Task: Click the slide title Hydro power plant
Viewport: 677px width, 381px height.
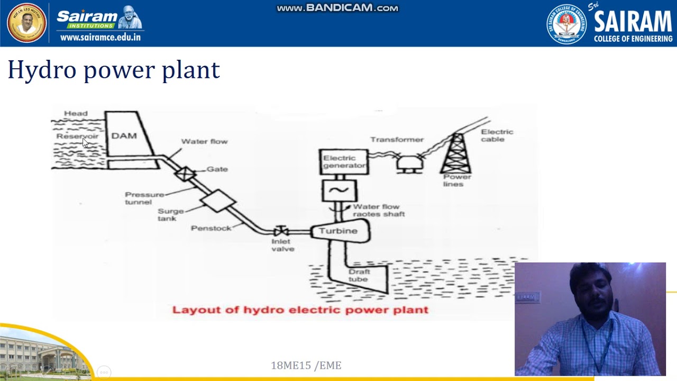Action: coord(114,70)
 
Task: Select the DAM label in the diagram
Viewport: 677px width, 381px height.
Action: coord(124,136)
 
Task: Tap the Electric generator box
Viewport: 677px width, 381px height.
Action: coord(344,162)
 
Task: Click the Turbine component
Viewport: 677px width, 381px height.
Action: coord(339,231)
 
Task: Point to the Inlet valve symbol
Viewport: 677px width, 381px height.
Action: coord(280,231)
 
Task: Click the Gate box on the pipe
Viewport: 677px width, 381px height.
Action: coord(185,174)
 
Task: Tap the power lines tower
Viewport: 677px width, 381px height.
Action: coord(456,153)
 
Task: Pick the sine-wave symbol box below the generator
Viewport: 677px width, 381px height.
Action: coord(339,190)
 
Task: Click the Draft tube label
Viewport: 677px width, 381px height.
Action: coord(359,275)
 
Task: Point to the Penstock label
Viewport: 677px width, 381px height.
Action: coord(211,228)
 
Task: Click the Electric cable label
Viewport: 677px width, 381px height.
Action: coord(497,135)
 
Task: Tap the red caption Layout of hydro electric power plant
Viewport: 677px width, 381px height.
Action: coord(300,310)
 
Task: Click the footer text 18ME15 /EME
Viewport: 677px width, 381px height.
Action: coord(306,365)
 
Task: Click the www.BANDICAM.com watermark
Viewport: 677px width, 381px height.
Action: coord(337,8)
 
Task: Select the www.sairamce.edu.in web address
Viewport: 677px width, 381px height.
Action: coord(100,37)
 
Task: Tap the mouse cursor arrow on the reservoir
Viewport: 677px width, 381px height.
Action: coord(85,142)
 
